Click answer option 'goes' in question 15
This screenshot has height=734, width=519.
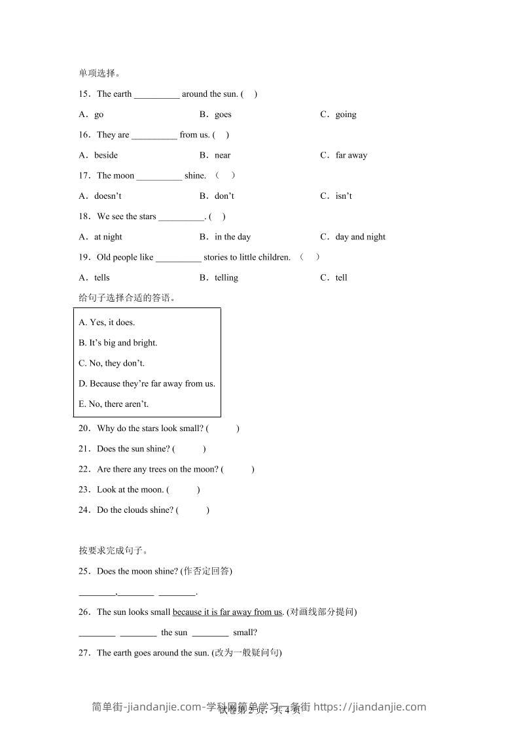(223, 114)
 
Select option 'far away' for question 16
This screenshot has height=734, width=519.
(351, 155)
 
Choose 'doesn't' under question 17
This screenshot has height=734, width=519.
(107, 196)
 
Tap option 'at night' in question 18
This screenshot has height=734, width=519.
(108, 237)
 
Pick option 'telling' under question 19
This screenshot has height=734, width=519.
(226, 277)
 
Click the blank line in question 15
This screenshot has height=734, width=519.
(156, 94)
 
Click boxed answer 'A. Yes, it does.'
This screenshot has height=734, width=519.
(107, 323)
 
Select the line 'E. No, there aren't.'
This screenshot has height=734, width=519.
(114, 404)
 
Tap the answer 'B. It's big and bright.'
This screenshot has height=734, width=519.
(118, 343)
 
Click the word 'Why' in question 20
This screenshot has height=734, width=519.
(105, 428)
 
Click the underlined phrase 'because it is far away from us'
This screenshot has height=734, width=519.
(227, 612)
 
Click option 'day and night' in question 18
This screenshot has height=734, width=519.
(360, 237)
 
